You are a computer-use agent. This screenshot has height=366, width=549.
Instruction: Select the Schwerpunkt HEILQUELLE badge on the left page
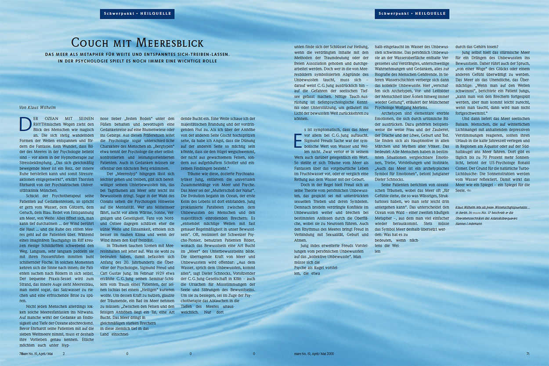(137, 14)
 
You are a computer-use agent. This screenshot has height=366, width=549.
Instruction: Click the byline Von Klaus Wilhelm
(37, 107)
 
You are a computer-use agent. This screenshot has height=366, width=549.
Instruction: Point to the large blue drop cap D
(25, 125)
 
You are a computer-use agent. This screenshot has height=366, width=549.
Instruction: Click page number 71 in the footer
(528, 353)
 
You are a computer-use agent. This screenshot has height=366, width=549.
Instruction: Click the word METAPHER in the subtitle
(94, 55)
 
